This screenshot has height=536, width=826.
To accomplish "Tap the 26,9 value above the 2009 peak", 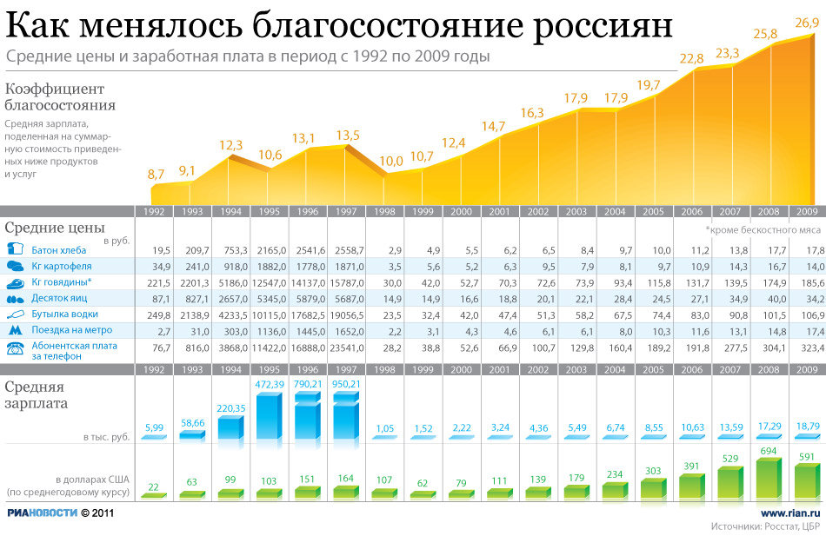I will (806, 23).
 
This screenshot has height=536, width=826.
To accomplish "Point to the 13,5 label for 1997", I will (347, 135).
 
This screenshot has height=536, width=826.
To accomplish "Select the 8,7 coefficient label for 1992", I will (157, 175).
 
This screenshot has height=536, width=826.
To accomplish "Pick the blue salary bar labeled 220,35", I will (230, 427).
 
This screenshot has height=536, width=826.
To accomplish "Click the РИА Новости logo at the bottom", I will (41, 513).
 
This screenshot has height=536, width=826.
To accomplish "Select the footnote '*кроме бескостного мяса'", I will (763, 230).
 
